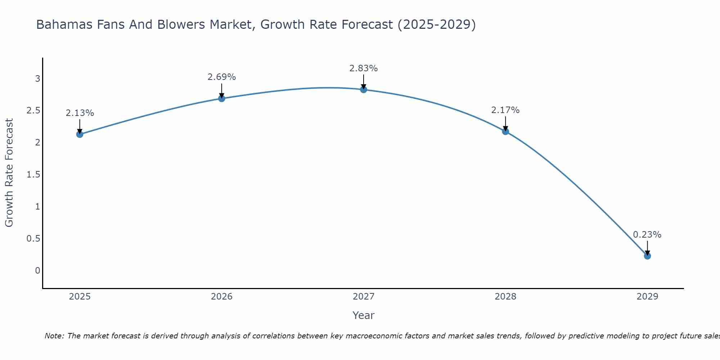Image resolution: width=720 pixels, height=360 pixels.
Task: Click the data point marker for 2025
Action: [80, 134]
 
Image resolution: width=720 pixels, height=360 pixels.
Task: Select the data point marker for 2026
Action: [222, 98]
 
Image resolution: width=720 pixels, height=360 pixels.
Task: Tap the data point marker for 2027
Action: [364, 89]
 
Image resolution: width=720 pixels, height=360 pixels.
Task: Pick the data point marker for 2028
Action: [505, 131]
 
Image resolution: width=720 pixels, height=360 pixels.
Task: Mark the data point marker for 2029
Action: [647, 256]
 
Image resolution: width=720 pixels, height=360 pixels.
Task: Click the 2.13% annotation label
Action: [80, 113]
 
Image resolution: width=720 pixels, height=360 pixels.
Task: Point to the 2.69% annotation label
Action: [222, 77]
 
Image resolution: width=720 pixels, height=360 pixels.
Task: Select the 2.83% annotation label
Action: [364, 68]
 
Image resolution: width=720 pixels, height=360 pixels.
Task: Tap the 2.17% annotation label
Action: [505, 110]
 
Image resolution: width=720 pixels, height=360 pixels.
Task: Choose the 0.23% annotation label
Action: [647, 235]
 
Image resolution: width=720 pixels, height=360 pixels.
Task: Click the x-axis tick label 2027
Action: [364, 297]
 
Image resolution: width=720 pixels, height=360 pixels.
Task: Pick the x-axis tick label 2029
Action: [647, 297]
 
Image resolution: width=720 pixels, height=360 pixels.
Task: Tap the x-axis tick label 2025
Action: [80, 297]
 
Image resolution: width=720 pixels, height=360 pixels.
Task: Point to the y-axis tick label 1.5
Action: [33, 175]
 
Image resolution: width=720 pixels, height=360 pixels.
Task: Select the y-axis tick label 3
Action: [37, 78]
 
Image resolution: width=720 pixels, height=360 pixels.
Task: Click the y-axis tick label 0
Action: [37, 271]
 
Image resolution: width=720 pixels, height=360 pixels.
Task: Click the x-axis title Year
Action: [364, 315]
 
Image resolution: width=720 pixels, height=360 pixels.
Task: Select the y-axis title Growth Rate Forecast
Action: [9, 173]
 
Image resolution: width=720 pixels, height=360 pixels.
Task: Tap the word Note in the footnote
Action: [54, 336]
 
